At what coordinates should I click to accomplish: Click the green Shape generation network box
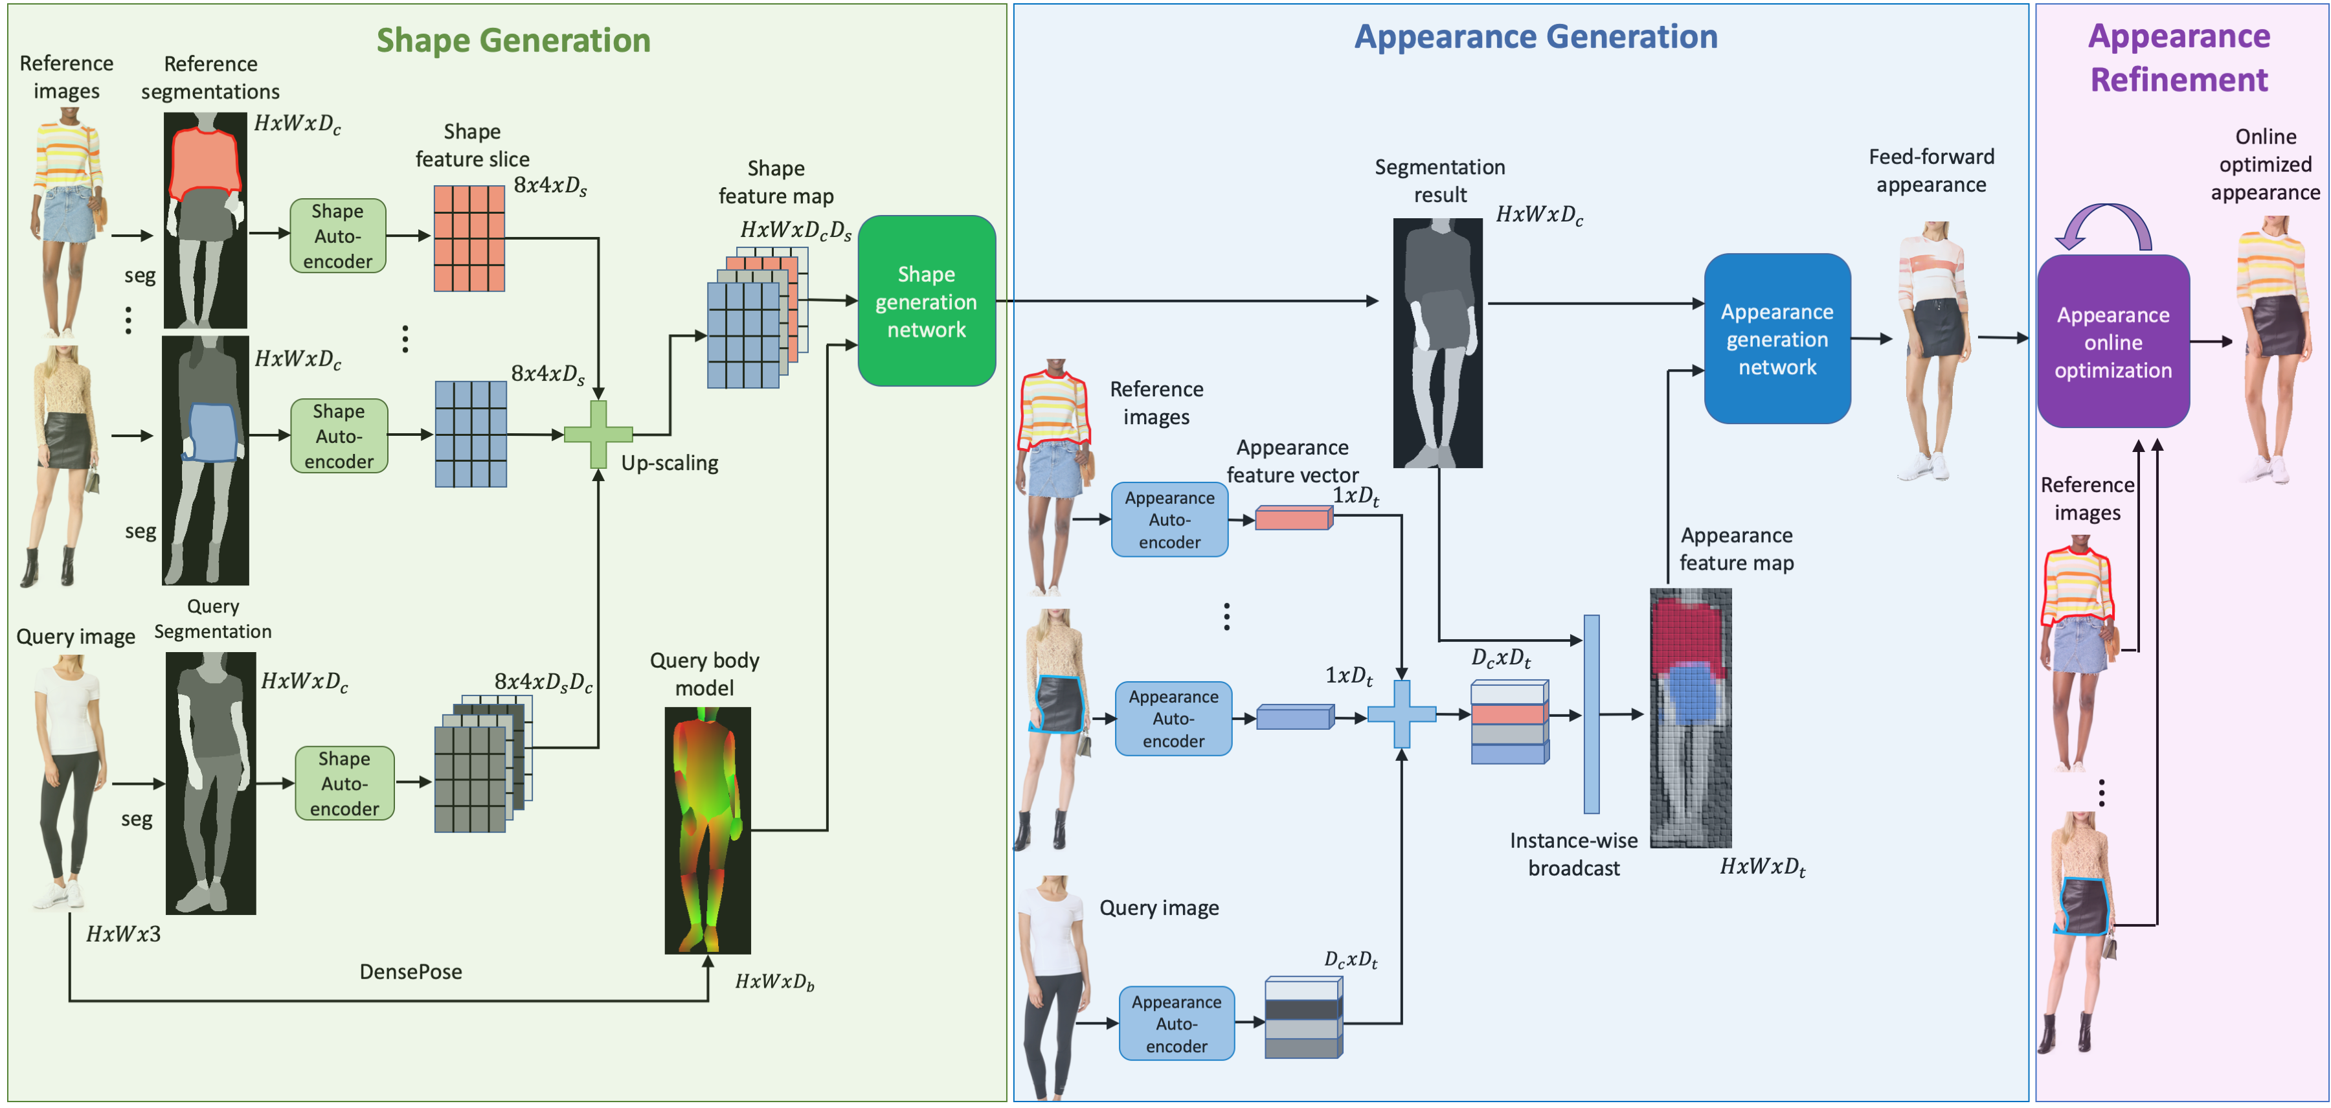926,300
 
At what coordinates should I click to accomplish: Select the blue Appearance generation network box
1776,339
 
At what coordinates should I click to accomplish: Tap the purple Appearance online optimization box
2112,342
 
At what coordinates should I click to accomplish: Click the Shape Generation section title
513,41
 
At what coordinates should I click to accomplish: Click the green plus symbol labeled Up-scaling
598,435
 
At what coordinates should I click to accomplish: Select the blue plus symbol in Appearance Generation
1401,714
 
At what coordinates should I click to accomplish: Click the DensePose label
410,971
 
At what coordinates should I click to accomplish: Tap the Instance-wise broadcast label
1573,854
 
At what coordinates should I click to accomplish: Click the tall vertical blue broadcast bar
1591,714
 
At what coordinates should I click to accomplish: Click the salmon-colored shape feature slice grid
469,238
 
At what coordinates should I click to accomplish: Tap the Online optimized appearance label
2264,164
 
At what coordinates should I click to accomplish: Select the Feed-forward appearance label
1930,170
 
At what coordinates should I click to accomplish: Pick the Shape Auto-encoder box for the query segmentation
344,783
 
